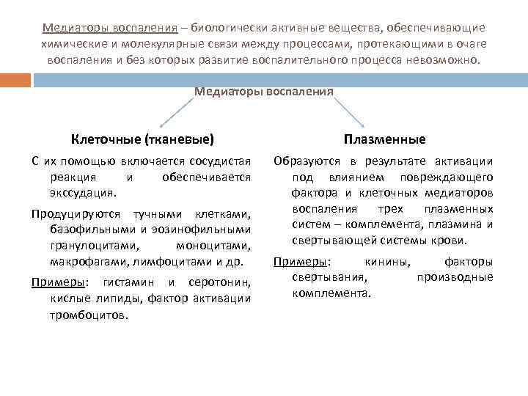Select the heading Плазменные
[384, 139]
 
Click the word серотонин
[220, 282]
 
